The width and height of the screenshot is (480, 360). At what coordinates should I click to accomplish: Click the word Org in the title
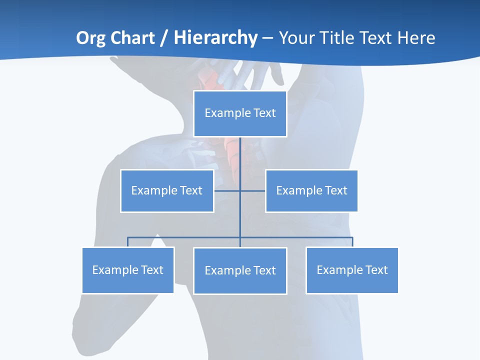point(90,38)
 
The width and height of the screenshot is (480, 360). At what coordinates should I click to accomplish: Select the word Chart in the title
point(132,38)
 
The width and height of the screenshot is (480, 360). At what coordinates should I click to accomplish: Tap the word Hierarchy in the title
point(215,38)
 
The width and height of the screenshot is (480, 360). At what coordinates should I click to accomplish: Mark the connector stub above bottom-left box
point(128,242)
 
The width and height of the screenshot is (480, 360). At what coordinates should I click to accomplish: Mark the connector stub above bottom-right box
point(352,242)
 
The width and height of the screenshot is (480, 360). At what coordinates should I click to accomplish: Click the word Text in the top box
point(264,113)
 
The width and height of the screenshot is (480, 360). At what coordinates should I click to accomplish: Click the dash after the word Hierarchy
point(267,38)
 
